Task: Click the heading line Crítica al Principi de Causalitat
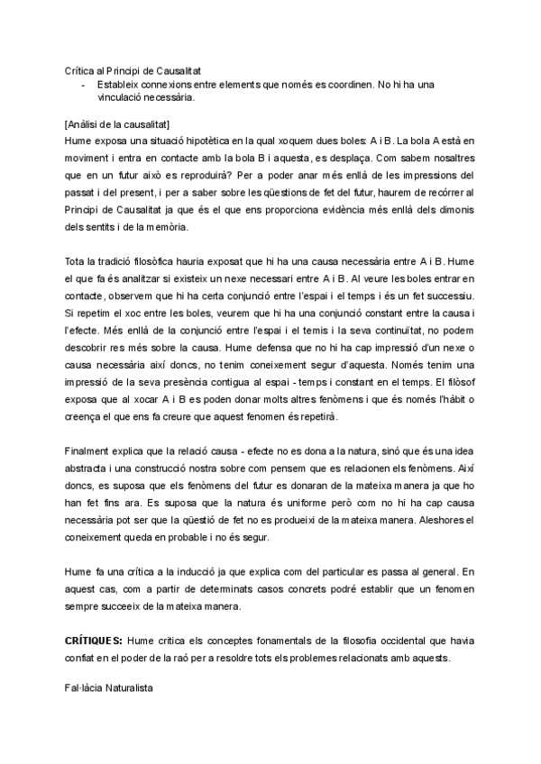133,69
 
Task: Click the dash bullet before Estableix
83,85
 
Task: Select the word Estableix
117,85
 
